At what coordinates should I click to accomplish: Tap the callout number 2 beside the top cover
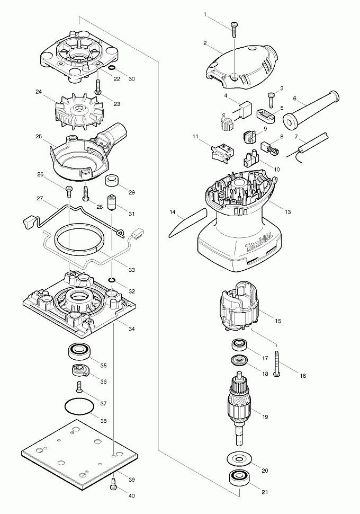point(205,43)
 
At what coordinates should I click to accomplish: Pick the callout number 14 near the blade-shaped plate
point(173,212)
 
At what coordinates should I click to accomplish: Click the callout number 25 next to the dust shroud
point(38,136)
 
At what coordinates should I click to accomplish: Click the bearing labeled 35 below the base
point(80,350)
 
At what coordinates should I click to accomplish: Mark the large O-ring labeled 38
point(79,409)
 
